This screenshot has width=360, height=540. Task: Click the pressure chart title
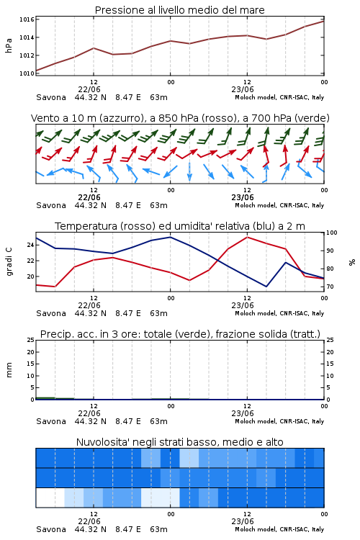click(x=180, y=10)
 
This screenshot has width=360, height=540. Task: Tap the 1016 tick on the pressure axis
click(x=27, y=19)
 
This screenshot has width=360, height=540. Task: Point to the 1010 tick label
click(x=27, y=73)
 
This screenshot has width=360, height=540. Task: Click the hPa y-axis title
click(x=9, y=46)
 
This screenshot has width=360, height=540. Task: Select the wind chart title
click(x=180, y=118)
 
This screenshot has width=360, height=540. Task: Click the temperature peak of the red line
click(x=247, y=237)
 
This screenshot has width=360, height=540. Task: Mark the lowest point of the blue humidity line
click(x=266, y=287)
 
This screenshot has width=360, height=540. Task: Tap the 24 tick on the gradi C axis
click(x=31, y=245)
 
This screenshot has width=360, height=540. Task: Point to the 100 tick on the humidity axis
click(x=332, y=233)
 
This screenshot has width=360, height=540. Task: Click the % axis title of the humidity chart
click(x=352, y=262)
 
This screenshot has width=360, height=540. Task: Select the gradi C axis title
click(x=9, y=262)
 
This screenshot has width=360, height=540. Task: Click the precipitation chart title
click(x=180, y=334)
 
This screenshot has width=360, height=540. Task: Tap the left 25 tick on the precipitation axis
click(x=31, y=340)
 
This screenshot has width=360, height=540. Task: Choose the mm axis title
click(x=9, y=370)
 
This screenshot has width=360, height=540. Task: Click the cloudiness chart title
click(x=180, y=442)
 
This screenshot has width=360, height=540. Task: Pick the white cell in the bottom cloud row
click(x=50, y=498)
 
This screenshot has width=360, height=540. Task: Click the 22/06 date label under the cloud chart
click(x=89, y=521)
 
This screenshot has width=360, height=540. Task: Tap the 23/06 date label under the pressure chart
click(x=243, y=89)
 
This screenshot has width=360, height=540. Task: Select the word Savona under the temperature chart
click(x=51, y=313)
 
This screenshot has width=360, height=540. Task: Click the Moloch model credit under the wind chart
click(x=279, y=205)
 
